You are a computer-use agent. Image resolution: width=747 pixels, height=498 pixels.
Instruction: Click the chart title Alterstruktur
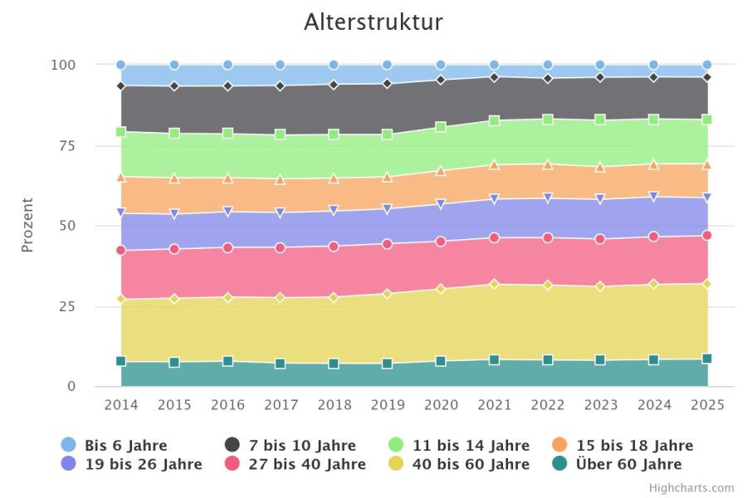coord(373,22)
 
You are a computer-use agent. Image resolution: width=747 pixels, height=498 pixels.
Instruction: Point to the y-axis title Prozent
coord(27,225)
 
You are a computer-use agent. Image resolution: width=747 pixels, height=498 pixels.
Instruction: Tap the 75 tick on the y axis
coord(67,145)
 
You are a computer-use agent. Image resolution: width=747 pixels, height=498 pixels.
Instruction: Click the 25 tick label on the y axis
coord(67,306)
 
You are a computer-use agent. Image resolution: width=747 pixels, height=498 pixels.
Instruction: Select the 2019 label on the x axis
coord(388,404)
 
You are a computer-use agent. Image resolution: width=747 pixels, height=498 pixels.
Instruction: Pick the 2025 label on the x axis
coord(707,404)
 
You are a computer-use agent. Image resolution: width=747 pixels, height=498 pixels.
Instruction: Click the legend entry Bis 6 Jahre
coord(115,445)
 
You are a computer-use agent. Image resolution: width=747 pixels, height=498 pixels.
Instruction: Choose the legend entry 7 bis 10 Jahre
coord(290,445)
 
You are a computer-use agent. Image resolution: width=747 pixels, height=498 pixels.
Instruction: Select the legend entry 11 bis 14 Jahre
coord(459,445)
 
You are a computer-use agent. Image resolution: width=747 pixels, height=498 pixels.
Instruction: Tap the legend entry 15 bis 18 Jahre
coord(622,445)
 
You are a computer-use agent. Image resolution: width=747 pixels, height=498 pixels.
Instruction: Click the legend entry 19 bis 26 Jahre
coord(131,464)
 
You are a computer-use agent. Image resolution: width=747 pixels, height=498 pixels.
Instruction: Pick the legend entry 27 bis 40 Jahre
coord(295,464)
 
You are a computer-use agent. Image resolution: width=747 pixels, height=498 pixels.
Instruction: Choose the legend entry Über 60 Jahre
coord(617,464)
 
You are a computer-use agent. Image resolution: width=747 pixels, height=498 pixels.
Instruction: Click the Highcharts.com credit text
coord(691,488)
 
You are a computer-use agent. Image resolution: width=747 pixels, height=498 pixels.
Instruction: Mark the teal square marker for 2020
coord(441,361)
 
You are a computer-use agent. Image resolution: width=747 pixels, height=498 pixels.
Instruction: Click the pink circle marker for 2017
coord(281,248)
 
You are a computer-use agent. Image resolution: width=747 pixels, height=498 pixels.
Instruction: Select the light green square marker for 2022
coord(548,120)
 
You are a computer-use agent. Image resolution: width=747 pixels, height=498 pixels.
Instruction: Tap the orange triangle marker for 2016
coord(227,178)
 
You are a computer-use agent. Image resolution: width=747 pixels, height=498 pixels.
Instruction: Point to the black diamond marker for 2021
coord(495,77)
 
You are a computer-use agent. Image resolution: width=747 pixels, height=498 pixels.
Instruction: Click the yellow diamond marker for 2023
coord(600,286)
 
